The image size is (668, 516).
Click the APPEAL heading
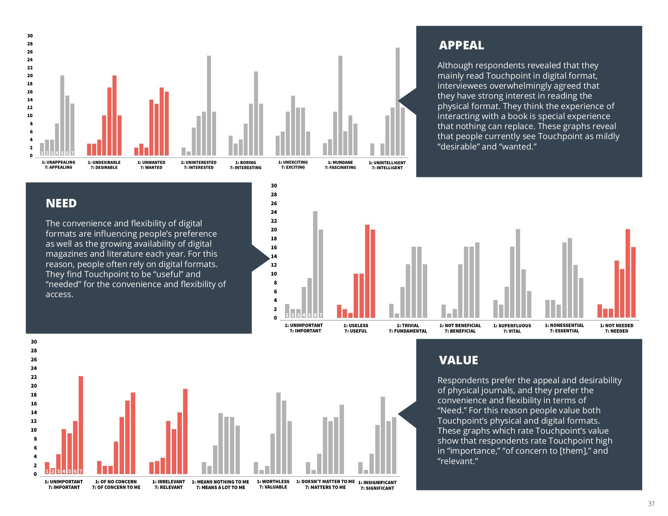coord(461,45)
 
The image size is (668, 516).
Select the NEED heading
coord(61,203)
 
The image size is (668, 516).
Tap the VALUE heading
coord(458,360)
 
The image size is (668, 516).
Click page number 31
coord(651,503)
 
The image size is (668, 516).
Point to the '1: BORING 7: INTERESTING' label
coord(246,165)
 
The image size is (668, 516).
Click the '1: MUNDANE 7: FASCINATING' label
coord(340,165)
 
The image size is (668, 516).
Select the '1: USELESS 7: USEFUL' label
coord(356,328)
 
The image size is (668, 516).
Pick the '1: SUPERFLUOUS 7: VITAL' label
coord(512,328)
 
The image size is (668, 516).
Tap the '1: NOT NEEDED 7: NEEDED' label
coord(617,328)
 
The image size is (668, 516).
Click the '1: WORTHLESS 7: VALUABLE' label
coord(273,484)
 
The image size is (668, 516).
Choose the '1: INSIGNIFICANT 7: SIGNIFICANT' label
coord(377,485)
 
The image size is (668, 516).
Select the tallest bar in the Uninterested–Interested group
coord(209,105)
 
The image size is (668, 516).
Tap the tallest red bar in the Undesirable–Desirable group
coord(114,115)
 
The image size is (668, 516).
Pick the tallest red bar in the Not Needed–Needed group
coord(628,273)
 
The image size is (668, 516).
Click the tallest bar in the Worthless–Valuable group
coord(278,433)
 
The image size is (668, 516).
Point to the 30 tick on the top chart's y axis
coord(30,36)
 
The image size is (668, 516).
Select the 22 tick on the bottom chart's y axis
coord(34,377)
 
